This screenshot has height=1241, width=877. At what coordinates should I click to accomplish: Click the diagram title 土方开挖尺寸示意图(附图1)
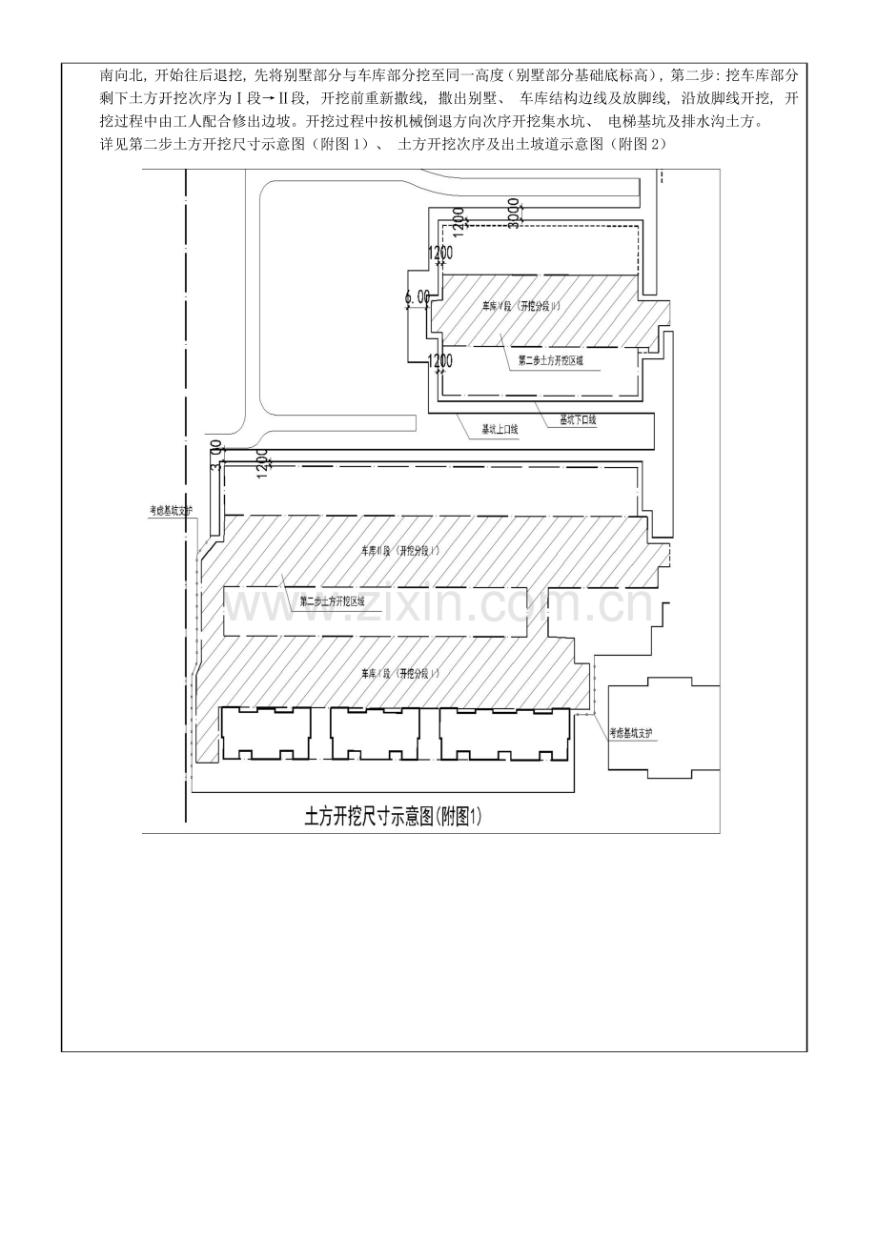point(394,817)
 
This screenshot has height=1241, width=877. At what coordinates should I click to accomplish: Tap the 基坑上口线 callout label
point(500,430)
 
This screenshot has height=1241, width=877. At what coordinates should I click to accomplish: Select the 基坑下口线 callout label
point(578,419)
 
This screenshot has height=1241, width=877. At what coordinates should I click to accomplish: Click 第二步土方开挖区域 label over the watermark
point(333,601)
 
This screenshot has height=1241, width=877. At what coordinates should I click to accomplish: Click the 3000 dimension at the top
point(513,213)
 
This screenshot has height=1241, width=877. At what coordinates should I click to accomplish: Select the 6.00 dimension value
point(418,297)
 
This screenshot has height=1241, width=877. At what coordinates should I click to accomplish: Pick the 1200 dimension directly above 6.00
point(439,254)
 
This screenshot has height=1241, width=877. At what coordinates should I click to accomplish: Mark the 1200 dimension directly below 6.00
point(439,361)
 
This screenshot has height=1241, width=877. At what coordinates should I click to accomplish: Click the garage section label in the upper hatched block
point(520,306)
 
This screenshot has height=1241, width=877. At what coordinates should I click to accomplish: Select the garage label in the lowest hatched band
point(400,673)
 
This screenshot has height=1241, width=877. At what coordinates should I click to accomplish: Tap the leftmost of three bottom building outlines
point(266,734)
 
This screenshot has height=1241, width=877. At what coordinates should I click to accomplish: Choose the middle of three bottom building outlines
point(375,734)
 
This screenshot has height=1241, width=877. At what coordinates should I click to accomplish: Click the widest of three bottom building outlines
point(504,734)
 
